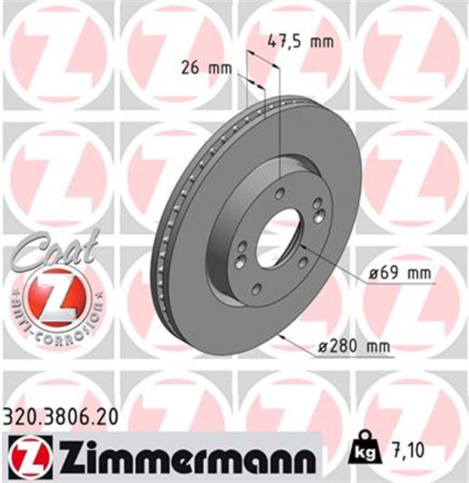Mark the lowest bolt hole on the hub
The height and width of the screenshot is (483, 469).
255,288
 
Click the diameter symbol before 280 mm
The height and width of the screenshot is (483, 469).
322,347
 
